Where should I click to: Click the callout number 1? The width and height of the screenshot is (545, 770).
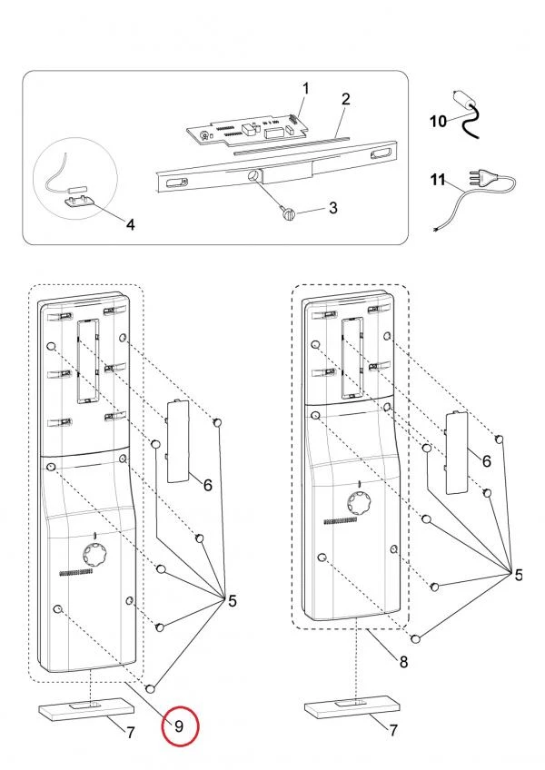point(305,88)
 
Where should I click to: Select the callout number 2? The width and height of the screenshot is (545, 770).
point(346,98)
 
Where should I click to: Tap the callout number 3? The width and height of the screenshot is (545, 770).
point(332,208)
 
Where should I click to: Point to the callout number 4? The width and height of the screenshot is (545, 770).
point(131,223)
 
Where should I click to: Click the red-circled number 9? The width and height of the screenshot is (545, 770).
point(179,726)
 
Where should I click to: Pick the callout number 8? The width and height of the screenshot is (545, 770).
point(403,662)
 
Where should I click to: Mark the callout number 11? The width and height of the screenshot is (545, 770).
point(439,181)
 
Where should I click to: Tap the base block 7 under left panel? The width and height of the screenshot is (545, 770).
point(82,708)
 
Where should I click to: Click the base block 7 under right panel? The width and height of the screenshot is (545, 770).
point(349,706)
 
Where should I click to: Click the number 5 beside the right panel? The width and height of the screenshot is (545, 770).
point(518,575)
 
